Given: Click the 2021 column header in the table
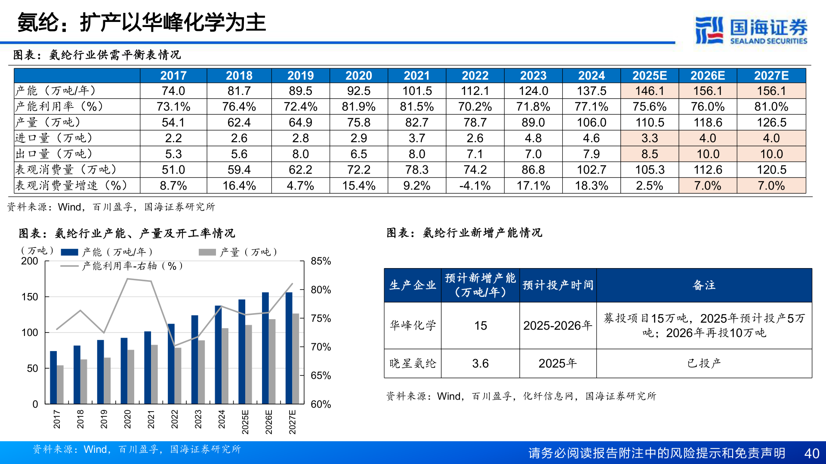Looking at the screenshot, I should (416, 76).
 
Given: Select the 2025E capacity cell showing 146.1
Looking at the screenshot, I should (650, 91).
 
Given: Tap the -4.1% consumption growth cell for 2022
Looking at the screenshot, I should (475, 186).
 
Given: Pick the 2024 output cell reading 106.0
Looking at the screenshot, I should (592, 122).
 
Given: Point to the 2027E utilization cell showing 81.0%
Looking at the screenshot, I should (771, 107).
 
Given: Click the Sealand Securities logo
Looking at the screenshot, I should (751, 30).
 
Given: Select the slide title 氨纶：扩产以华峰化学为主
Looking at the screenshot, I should (142, 22).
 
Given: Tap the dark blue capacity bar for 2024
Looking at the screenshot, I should (218, 354).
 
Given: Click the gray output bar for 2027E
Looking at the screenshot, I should (296, 359).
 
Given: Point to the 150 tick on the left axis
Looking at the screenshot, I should (30, 297).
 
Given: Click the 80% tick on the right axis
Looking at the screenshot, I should (321, 290).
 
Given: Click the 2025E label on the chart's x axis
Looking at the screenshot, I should (245, 422).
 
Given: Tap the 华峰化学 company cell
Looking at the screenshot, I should (413, 325).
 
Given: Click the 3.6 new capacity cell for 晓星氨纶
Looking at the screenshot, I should (480, 363).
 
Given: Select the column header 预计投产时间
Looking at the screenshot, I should (558, 285).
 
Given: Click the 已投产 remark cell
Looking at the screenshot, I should (704, 363).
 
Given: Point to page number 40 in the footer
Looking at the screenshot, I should (811, 453).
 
